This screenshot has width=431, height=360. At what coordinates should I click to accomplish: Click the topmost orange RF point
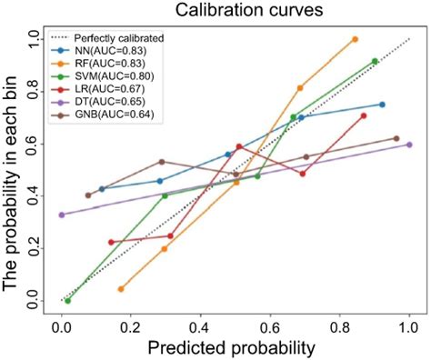355,39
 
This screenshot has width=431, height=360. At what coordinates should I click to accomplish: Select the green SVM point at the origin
67,300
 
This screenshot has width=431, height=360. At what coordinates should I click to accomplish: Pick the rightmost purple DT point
409,145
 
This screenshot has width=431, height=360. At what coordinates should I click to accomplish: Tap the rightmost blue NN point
382,105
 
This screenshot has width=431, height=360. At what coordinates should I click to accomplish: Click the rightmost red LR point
363,115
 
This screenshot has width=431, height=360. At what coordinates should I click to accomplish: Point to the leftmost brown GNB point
88,195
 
